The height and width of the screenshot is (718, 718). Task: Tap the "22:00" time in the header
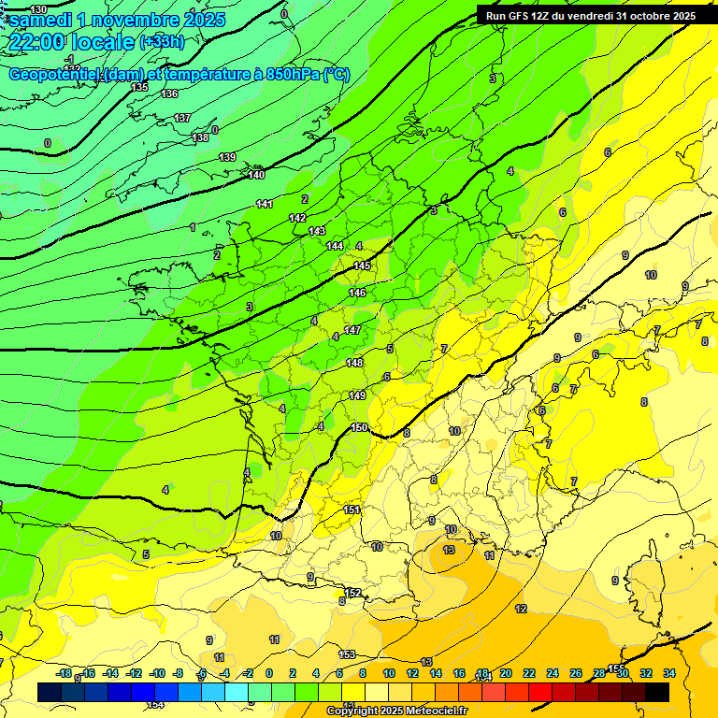tap(36, 42)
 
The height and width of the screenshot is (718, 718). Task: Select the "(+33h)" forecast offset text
tap(162, 42)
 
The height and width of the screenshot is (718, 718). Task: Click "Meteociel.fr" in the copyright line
tap(436, 711)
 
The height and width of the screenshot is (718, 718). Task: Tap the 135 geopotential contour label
tap(139, 87)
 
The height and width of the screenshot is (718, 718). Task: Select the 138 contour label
tap(200, 137)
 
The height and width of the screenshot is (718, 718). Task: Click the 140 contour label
tap(256, 175)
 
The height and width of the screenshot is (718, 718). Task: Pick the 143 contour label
tap(317, 231)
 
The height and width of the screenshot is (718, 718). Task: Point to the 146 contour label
tap(357, 293)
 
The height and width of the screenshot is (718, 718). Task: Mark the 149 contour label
tap(357, 395)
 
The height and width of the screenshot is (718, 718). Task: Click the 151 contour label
tap(352, 510)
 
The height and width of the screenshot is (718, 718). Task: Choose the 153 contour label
tap(347, 654)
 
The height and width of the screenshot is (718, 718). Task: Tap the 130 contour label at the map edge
tap(38, 8)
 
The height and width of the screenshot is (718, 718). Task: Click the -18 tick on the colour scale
tap(65, 673)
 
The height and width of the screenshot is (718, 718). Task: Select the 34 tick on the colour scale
tap(669, 673)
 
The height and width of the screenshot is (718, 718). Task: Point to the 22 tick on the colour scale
tap(529, 673)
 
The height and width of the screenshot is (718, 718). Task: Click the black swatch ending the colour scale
tap(657, 692)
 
